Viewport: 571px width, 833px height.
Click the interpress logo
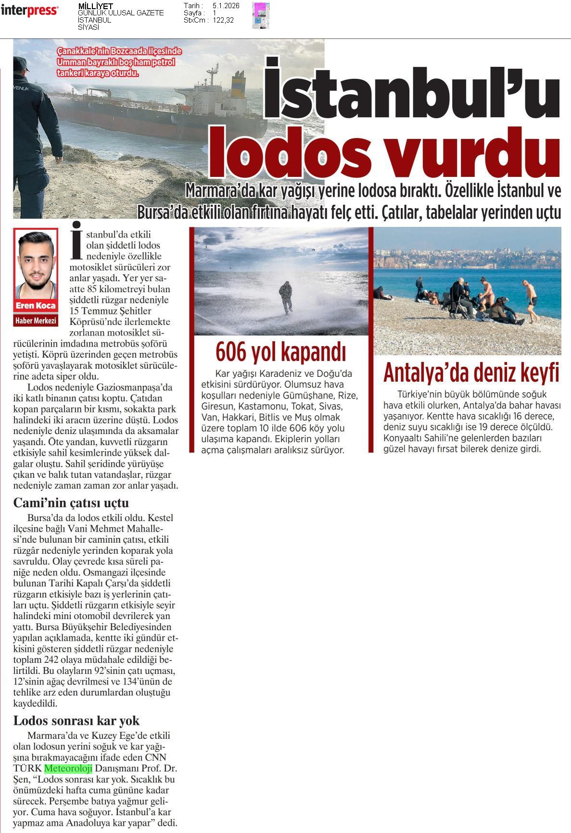(x=29, y=11)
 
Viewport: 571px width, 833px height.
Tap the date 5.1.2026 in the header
(x=226, y=6)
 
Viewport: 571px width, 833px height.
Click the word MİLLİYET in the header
(x=95, y=6)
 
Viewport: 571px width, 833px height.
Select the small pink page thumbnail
(x=261, y=15)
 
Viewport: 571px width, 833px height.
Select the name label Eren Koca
(x=36, y=306)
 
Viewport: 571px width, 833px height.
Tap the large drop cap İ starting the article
(x=76, y=239)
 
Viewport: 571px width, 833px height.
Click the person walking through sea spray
(x=285, y=298)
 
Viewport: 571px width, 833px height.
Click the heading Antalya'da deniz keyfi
(x=471, y=373)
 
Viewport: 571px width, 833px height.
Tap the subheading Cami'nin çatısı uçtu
(x=71, y=503)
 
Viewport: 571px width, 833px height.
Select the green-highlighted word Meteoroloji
(x=68, y=768)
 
